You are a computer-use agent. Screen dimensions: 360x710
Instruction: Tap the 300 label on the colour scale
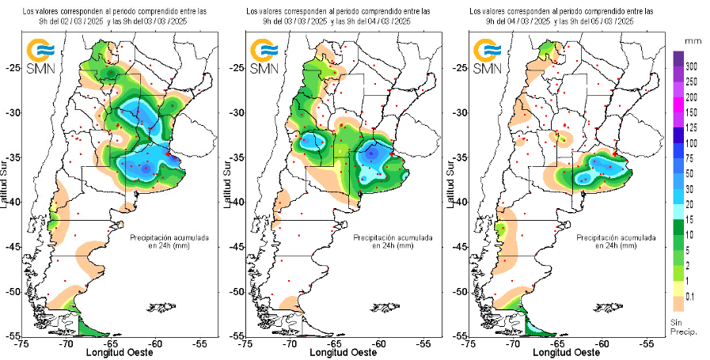(x=691, y=66)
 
